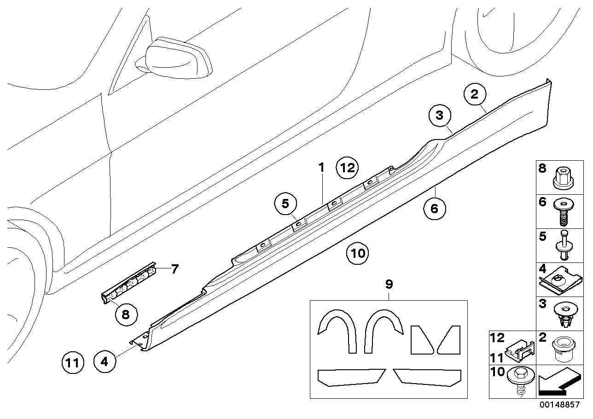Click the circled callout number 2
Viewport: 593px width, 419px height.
pyautogui.click(x=474, y=95)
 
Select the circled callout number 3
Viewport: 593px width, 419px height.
pyautogui.click(x=440, y=116)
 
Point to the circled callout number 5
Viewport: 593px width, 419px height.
pyautogui.click(x=285, y=203)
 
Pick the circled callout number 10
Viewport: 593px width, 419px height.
pyautogui.click(x=358, y=253)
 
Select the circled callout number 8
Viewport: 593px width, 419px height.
pyautogui.click(x=126, y=314)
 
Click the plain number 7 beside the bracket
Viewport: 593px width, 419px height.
pyautogui.click(x=174, y=269)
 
